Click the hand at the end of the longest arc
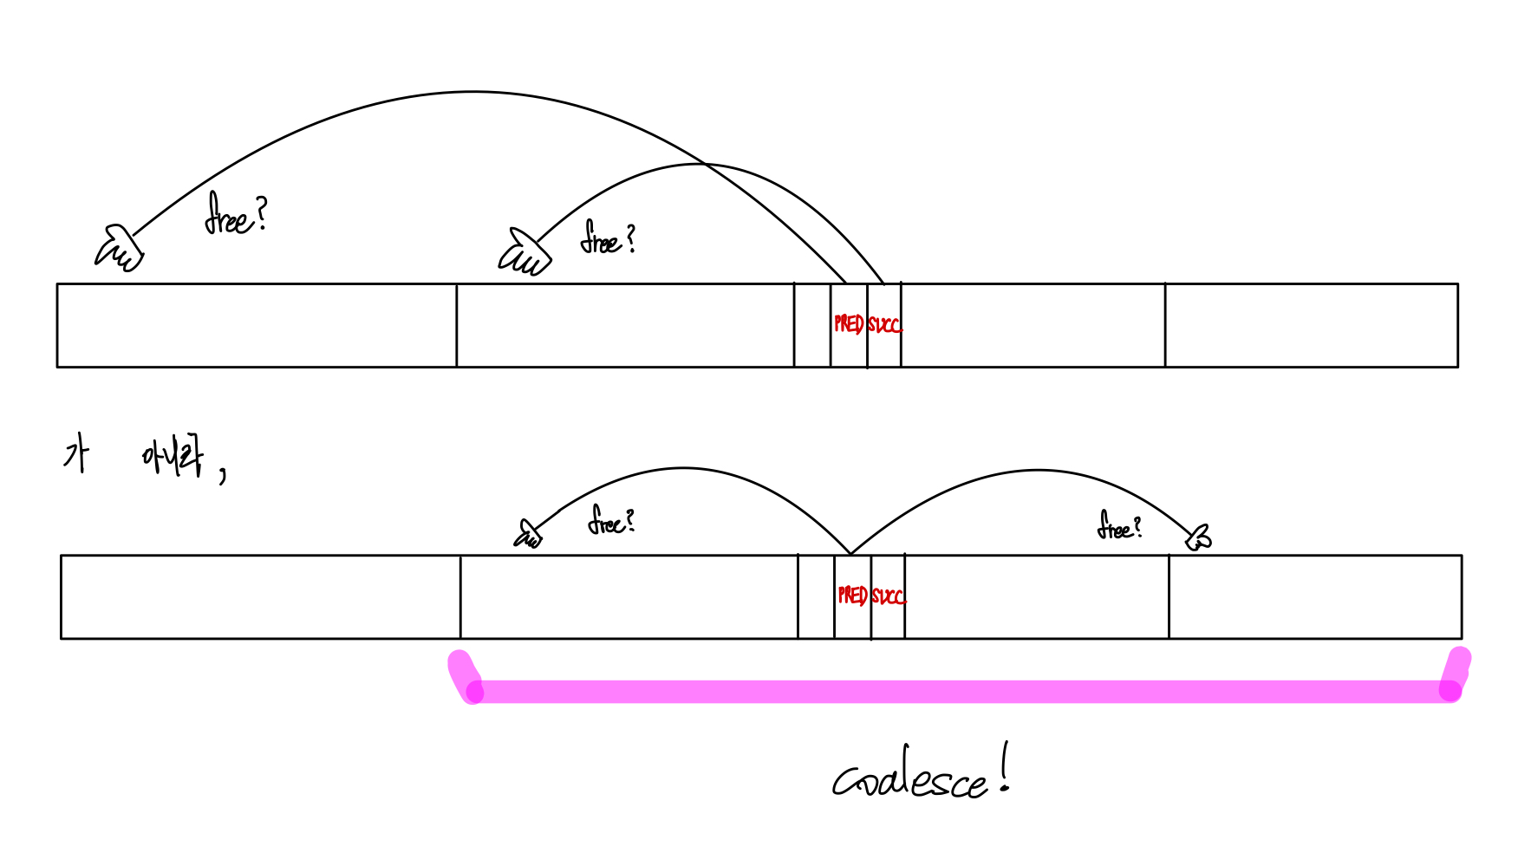click(x=119, y=249)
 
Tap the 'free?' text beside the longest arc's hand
click(x=235, y=215)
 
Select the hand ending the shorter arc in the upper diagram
click(x=524, y=253)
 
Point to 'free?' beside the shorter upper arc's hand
click(x=608, y=238)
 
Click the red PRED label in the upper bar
click(x=849, y=324)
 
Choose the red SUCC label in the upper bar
click(x=884, y=325)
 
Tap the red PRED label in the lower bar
click(x=852, y=596)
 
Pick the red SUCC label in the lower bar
click(x=888, y=596)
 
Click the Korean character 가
click(x=76, y=454)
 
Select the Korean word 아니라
click(x=173, y=456)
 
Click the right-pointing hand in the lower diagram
click(x=1199, y=538)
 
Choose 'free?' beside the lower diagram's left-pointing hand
click(x=611, y=520)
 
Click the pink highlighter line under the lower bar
click(x=954, y=691)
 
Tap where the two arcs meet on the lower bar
click(x=850, y=553)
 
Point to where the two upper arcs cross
click(x=705, y=164)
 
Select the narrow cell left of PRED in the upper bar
click(x=812, y=325)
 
